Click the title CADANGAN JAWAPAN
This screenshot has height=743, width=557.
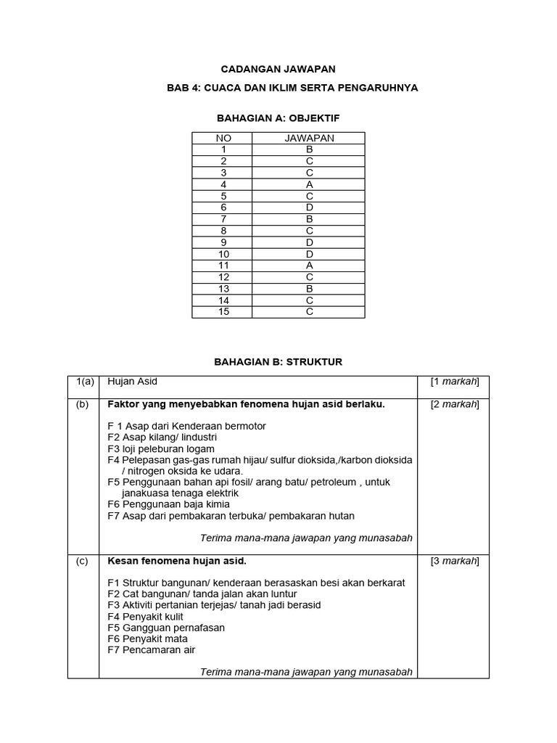278,69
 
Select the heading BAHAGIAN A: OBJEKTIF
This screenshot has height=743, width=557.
278,117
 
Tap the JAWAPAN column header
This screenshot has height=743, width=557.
308,138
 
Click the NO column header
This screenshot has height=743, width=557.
222,138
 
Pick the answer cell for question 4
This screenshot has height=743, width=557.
308,184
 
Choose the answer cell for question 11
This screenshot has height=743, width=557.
308,266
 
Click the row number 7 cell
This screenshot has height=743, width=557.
222,219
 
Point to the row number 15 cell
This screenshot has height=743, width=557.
222,312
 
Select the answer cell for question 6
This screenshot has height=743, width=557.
308,208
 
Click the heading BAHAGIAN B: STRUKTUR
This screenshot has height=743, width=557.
278,361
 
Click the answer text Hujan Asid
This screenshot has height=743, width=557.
132,382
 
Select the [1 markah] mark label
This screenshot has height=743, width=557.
454,382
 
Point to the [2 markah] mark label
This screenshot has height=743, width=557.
454,405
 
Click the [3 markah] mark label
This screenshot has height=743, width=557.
454,561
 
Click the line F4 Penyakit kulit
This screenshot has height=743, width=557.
145,617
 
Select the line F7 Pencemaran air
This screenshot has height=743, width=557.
151,650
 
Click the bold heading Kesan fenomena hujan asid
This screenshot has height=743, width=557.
177,561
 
